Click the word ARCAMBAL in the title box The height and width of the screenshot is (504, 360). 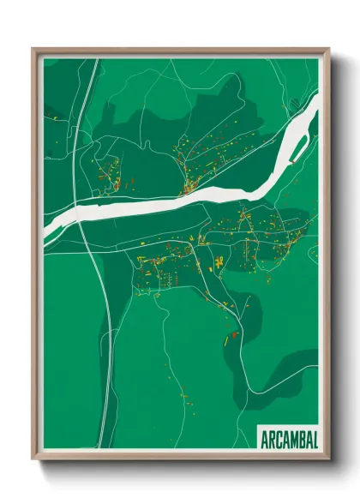(288, 439)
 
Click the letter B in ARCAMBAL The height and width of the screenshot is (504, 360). (302, 439)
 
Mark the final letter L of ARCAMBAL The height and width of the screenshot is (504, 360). (315, 439)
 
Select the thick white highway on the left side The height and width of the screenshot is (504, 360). (90, 129)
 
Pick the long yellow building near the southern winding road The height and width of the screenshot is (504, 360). (229, 338)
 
